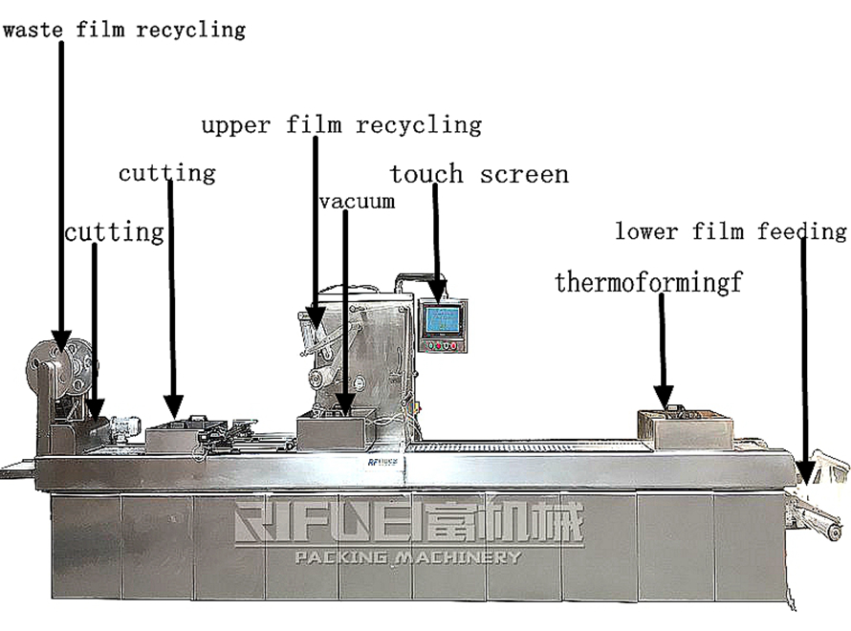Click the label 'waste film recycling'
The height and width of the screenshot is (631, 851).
click(x=123, y=30)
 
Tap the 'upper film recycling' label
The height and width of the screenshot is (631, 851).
click(x=340, y=125)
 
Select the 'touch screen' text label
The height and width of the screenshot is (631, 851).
click(x=478, y=175)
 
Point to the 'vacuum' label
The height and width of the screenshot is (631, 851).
click(x=357, y=202)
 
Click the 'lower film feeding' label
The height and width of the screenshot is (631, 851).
click(x=731, y=231)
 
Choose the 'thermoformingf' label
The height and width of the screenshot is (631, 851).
click(x=648, y=283)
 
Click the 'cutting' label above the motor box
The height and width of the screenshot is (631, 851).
click(x=166, y=174)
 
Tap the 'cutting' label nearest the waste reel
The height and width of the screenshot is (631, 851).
click(x=114, y=232)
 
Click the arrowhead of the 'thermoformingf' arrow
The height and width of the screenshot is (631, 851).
click(x=664, y=394)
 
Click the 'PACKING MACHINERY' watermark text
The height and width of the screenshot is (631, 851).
click(x=409, y=557)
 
